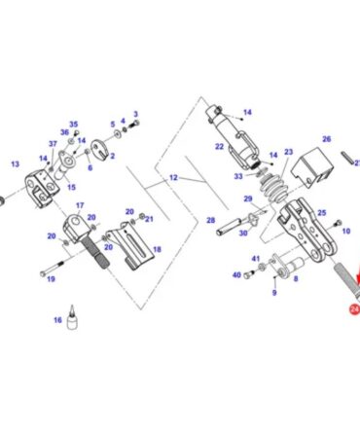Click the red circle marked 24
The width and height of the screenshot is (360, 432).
tap(354, 309)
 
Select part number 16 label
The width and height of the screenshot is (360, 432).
tap(57, 320)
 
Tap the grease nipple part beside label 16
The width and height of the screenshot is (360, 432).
tap(72, 317)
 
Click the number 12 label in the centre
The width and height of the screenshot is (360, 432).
tap(173, 178)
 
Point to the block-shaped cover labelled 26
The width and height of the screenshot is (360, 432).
tap(312, 167)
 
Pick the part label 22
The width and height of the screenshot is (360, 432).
tap(219, 147)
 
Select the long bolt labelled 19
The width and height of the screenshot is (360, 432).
tap(52, 269)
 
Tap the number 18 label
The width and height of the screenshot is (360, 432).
tap(157, 249)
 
